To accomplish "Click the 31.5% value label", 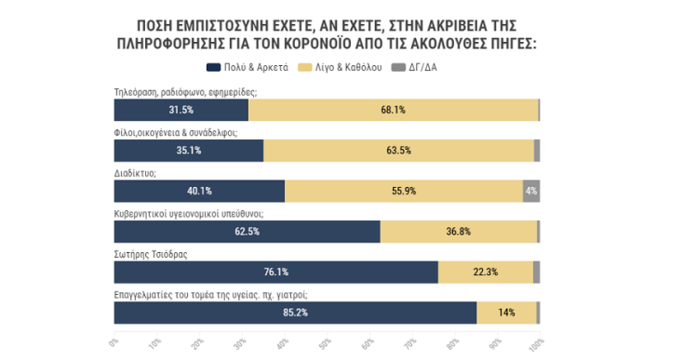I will tap(181, 110).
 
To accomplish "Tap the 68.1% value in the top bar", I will tap(394, 110).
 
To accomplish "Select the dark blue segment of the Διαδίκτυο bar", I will tap(199, 191).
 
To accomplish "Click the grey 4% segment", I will tap(531, 191).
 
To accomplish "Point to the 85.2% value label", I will tap(295, 313).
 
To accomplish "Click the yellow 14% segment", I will tap(506, 313).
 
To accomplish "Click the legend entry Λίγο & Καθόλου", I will tap(342, 68).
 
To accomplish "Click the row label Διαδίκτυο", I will tap(135, 172).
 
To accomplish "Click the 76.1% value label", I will tap(275, 272).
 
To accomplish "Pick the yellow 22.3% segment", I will tap(485, 272).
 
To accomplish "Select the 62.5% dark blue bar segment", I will tap(247, 232).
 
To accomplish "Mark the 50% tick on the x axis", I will tap(325, 344).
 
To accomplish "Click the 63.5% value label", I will tap(398, 151).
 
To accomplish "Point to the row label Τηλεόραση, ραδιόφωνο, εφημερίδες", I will tap(184, 91).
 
